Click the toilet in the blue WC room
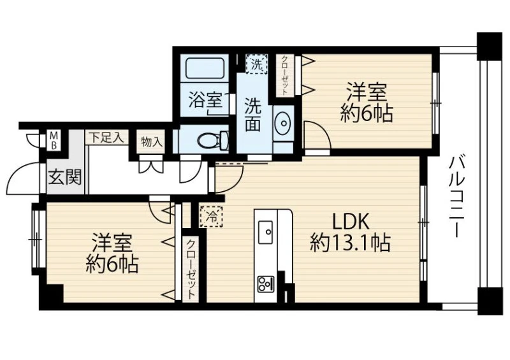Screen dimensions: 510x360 point(213,140)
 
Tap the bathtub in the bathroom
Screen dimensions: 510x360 point(204,68)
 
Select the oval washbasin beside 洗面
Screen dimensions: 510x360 point(283,123)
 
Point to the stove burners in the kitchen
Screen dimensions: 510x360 point(266,284)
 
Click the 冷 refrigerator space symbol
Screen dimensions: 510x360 point(212,217)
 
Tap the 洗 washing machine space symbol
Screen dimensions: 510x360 point(257,64)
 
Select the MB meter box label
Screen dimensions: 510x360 point(54,140)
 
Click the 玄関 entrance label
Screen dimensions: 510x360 point(65,177)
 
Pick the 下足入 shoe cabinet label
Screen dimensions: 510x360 point(106,138)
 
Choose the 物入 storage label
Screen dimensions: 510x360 point(151,142)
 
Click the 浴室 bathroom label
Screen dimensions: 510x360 point(206,100)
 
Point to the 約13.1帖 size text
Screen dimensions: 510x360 point(350,243)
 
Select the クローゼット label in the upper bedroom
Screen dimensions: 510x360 point(284,75)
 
